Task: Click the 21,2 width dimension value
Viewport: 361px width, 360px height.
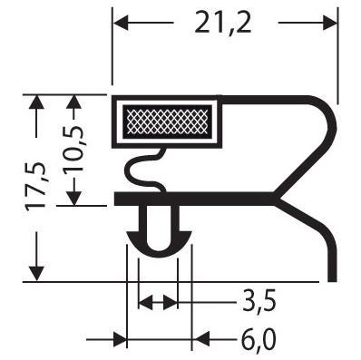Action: click(223, 22)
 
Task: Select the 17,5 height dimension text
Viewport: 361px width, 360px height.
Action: click(35, 186)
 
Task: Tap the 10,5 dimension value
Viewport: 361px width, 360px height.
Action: click(73, 149)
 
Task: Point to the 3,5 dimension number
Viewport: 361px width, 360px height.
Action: click(259, 301)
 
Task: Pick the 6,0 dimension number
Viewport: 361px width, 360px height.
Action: click(259, 340)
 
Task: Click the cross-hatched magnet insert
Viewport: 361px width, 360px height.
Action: click(168, 122)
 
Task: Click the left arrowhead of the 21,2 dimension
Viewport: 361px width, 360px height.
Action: click(121, 23)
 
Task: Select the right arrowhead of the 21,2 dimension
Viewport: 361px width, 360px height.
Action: click(329, 23)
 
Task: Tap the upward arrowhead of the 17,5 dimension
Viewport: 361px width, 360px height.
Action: click(37, 103)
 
